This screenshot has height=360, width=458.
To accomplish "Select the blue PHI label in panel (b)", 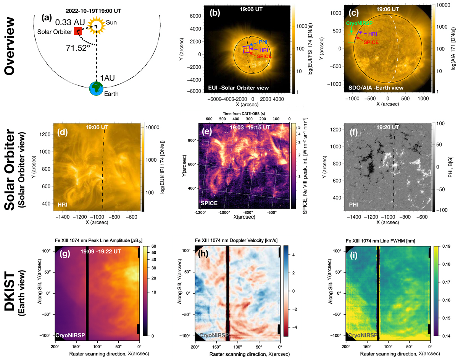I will pos(263,41).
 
